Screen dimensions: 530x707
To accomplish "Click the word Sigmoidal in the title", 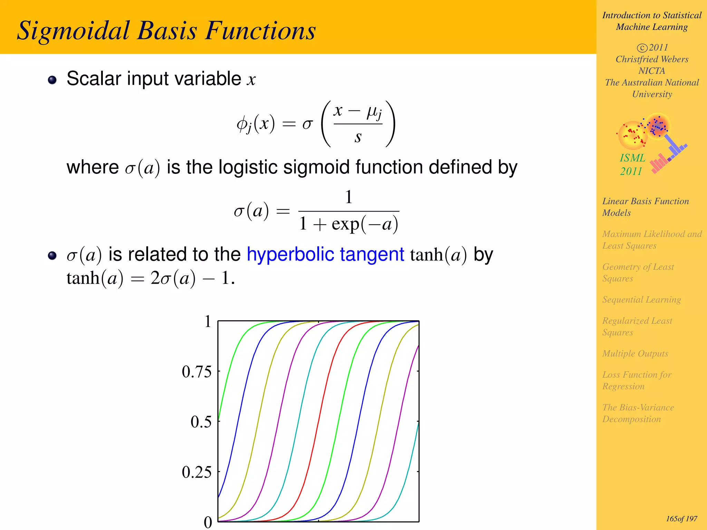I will pyautogui.click(x=73, y=31).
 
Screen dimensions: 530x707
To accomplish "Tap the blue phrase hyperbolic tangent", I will pyautogui.click(x=325, y=254).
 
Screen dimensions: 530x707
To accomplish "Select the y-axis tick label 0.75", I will pyautogui.click(x=196, y=372).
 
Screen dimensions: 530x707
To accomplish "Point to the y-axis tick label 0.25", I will pyautogui.click(x=196, y=472).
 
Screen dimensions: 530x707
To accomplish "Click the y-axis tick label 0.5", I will pyautogui.click(x=201, y=422).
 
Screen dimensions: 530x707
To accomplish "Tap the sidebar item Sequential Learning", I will pyautogui.click(x=641, y=300).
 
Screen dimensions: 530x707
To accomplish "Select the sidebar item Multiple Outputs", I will pyautogui.click(x=635, y=354).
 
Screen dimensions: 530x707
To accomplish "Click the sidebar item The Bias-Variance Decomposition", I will pyautogui.click(x=638, y=413).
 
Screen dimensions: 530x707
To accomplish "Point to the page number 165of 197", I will pyautogui.click(x=681, y=519).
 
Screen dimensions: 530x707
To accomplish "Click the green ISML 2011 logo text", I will pyautogui.click(x=632, y=165).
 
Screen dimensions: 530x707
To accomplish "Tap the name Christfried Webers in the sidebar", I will pyautogui.click(x=652, y=59).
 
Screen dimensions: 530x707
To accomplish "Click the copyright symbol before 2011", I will pyautogui.click(x=642, y=48).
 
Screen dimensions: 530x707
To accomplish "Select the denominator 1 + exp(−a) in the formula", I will pyautogui.click(x=349, y=224).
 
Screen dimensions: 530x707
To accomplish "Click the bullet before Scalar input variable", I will pyautogui.click(x=52, y=80).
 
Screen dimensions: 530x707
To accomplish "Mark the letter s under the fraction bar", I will pyautogui.click(x=358, y=137).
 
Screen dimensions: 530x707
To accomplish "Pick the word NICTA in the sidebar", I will pyautogui.click(x=651, y=71).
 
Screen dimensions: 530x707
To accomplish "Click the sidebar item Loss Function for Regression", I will pyautogui.click(x=637, y=380).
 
